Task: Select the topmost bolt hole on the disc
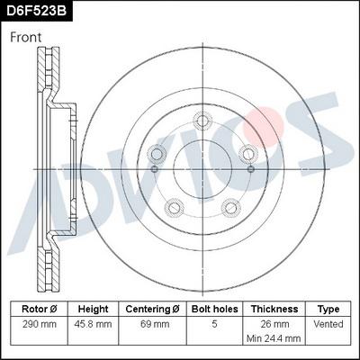point(202,119)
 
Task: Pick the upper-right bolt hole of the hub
point(248,151)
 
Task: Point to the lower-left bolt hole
point(174,207)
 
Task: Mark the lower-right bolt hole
point(230,207)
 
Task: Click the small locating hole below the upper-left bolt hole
point(155,169)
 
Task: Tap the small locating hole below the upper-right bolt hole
point(249,169)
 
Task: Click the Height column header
point(93,308)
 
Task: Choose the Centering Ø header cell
point(153,308)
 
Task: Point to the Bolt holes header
point(215,308)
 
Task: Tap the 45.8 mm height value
point(93,322)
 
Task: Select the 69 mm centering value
point(153,322)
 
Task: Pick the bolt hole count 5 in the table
point(215,322)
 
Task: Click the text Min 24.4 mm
point(274,339)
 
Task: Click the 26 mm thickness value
point(274,322)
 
